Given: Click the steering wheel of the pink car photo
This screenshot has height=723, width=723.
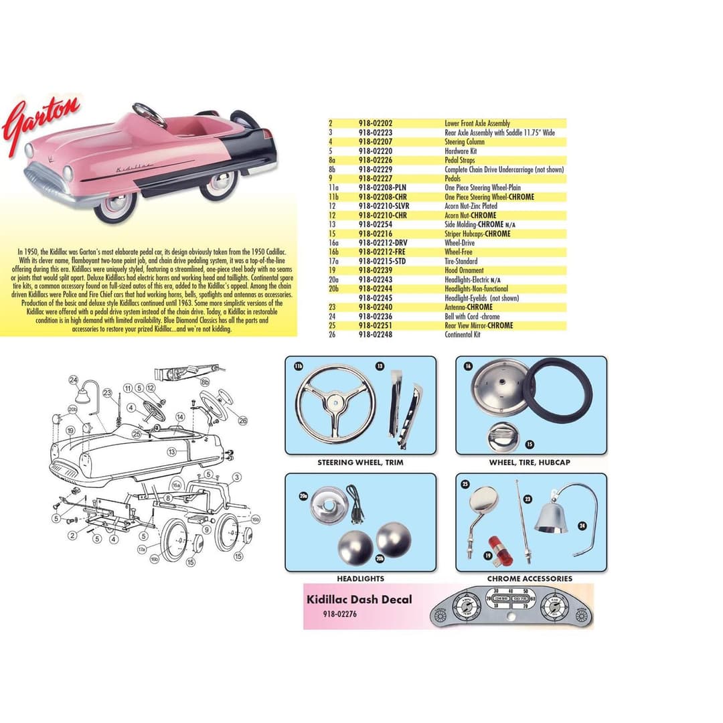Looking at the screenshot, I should click(x=149, y=114).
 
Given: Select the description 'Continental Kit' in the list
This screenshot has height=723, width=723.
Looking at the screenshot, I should click(x=463, y=335).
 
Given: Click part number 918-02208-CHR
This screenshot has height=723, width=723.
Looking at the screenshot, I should click(x=382, y=197).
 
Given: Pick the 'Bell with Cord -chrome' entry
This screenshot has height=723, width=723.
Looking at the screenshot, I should click(x=472, y=317).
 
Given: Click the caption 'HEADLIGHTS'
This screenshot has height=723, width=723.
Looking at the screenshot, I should click(x=360, y=578).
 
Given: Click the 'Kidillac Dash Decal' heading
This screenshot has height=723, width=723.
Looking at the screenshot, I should click(x=359, y=600).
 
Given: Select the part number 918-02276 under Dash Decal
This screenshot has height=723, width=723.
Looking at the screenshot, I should click(x=340, y=613).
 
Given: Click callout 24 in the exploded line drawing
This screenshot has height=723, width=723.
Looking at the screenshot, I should click(x=74, y=380).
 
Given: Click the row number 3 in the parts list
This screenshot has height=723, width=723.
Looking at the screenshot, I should click(x=330, y=133).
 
